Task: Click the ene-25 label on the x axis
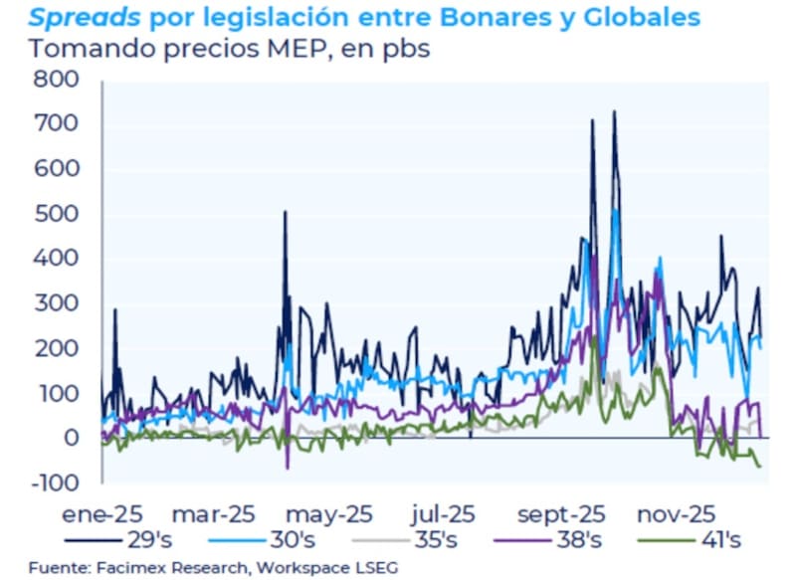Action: tap(101, 514)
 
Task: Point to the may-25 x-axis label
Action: tap(329, 514)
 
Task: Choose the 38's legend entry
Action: tap(578, 541)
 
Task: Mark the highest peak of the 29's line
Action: tap(614, 111)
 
